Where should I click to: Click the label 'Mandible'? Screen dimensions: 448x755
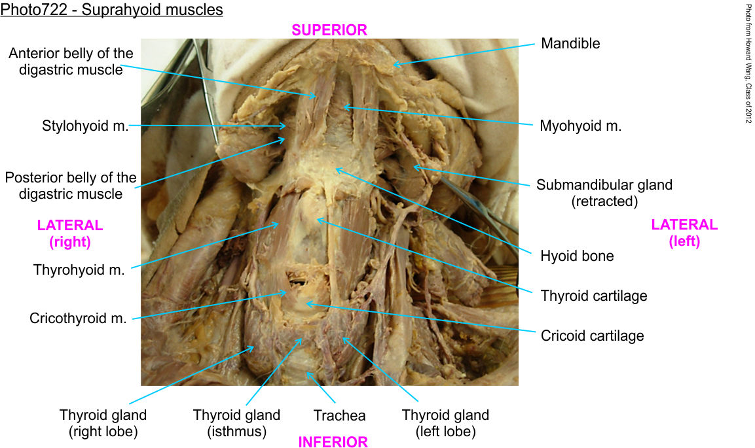[570, 44]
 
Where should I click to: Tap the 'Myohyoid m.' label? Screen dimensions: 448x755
[580, 126]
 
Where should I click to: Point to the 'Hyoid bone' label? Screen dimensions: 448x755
[577, 256]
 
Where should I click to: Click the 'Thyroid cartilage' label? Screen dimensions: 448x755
[594, 296]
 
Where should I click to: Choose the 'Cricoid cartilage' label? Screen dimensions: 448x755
[592, 336]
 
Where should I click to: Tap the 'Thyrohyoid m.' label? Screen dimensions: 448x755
[79, 269]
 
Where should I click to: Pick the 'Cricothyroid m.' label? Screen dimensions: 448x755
[78, 319]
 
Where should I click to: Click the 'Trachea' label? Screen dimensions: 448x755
[339, 415]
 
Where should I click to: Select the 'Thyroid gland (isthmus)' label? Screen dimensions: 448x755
[236, 423]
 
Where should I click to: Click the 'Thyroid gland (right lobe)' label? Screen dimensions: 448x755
[103, 423]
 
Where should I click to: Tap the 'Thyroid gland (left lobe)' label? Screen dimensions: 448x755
[445, 423]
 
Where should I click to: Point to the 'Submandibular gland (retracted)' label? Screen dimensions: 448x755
[604, 193]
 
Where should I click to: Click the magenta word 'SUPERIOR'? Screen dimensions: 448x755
[329, 29]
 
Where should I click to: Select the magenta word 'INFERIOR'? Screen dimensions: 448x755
[333, 442]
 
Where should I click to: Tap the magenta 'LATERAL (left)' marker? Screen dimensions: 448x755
[684, 233]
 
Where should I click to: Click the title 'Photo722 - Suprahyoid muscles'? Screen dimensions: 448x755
[112, 10]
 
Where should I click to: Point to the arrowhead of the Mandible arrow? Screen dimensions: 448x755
[394, 64]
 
